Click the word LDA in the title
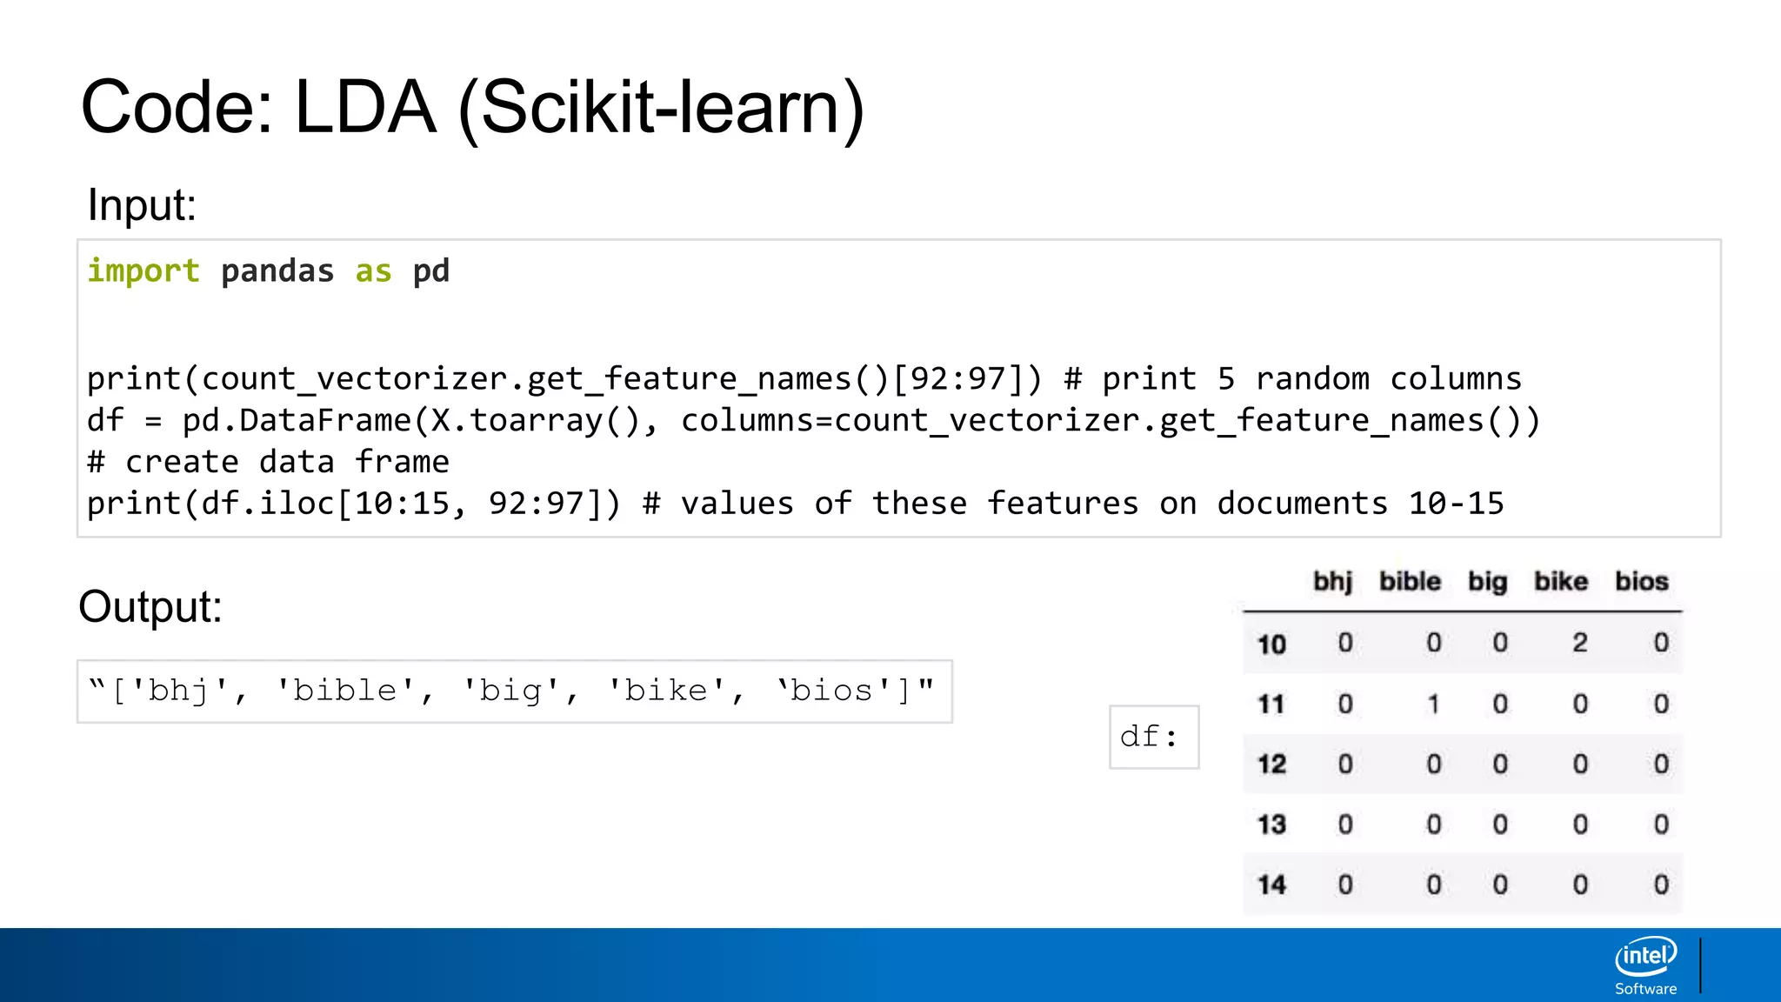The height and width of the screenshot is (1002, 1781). [x=365, y=108]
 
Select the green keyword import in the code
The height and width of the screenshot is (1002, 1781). [x=143, y=271]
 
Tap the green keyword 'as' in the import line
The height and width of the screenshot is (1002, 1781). [x=373, y=271]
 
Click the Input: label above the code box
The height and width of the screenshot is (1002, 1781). [x=142, y=206]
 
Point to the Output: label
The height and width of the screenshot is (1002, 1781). [x=150, y=607]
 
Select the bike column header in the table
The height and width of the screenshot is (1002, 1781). [x=1561, y=581]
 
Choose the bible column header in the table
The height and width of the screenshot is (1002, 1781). [x=1410, y=581]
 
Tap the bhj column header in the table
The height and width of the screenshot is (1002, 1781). [x=1332, y=581]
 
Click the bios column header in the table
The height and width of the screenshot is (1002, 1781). [x=1642, y=581]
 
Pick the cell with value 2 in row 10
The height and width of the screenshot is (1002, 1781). [x=1580, y=643]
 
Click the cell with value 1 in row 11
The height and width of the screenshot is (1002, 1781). [x=1433, y=704]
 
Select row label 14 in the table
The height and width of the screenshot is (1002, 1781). [x=1271, y=885]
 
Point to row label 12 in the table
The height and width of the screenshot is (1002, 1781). [x=1271, y=765]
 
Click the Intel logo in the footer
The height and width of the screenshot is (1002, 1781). [x=1645, y=957]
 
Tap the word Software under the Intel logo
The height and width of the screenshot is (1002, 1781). [x=1645, y=989]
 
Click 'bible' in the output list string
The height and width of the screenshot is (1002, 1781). [x=345, y=691]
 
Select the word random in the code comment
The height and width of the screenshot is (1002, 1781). [x=1312, y=379]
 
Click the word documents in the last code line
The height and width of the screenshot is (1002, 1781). [x=1302, y=504]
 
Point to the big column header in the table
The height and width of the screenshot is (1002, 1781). [x=1487, y=581]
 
